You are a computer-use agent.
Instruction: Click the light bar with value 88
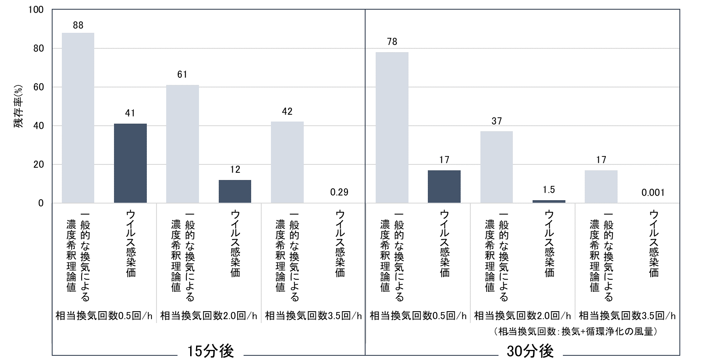tap(78, 118)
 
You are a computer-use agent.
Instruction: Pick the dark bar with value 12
tap(235, 191)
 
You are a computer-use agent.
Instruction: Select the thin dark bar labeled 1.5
tap(549, 201)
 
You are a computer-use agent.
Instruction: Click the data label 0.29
tap(339, 192)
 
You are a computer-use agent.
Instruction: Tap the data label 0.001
tap(653, 193)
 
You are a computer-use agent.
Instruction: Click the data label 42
tap(287, 111)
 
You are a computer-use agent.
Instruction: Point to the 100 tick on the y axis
tap(36, 10)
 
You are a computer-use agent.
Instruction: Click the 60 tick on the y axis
tap(38, 87)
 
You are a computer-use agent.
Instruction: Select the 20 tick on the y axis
tap(38, 164)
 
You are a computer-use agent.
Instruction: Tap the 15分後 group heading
tap(210, 351)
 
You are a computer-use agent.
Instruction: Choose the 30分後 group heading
tap(530, 351)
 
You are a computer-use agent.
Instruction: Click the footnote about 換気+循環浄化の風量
tap(576, 331)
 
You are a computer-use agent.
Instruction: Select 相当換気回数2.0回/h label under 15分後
tap(209, 315)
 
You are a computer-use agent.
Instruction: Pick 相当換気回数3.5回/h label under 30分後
tap(627, 315)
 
